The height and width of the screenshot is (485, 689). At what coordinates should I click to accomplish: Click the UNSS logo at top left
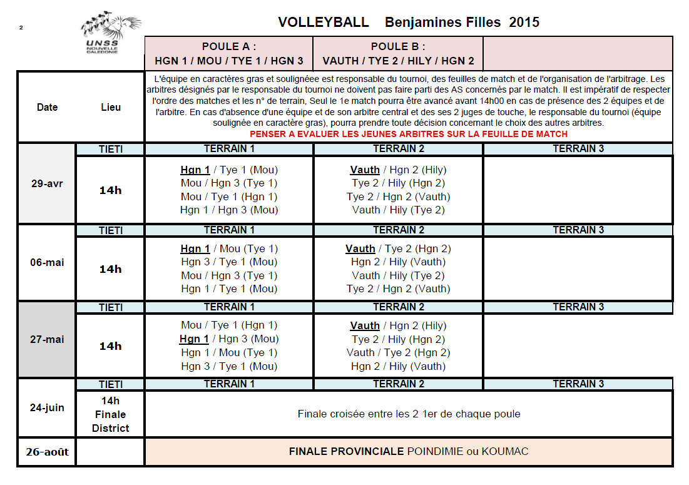110,35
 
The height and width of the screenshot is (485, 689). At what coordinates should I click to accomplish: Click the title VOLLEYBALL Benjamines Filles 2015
408,23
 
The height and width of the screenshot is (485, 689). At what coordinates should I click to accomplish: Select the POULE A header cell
229,54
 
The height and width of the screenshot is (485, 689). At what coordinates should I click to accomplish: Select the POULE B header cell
398,54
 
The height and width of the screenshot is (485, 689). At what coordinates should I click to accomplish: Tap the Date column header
47,107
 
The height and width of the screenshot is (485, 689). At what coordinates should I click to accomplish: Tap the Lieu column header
111,107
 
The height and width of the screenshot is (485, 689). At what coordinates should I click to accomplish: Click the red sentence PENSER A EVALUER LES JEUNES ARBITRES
408,134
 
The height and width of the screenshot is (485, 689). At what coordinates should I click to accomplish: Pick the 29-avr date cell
47,184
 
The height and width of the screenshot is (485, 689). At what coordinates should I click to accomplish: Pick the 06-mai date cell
47,263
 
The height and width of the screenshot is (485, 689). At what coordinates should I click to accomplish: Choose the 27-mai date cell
47,340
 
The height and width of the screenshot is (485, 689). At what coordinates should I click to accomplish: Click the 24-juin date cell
47,407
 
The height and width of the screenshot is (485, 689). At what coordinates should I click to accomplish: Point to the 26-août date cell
47,452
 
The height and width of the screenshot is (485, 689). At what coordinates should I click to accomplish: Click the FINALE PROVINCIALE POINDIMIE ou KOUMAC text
408,452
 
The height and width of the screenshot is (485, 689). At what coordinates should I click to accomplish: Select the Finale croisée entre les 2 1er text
408,414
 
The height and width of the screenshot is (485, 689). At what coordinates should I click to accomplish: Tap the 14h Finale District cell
111,414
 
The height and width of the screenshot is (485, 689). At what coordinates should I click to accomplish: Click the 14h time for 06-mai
111,269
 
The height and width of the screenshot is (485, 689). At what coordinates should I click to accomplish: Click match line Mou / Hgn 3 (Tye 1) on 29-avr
229,183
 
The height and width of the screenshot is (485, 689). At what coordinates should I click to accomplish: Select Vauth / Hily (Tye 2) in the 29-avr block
398,210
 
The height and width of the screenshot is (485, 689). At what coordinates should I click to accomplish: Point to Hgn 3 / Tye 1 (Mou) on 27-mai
229,367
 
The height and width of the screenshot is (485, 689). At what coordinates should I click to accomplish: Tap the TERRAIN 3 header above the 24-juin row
578,384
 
